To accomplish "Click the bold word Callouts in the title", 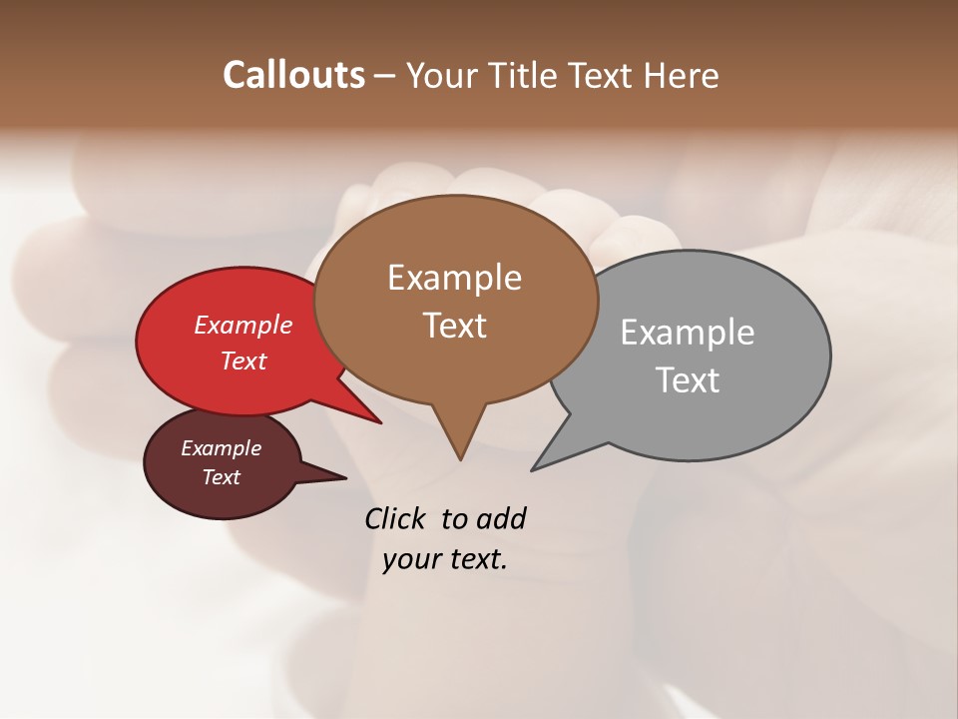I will pos(293,75).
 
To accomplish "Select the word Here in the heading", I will pos(684,75).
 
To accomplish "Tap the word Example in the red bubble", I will pos(243,325).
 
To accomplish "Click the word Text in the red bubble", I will pos(243,360).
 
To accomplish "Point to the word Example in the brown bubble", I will pos(454,277).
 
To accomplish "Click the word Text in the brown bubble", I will pos(454,325).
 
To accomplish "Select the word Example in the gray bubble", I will pos(688,332).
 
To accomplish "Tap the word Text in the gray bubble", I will pos(688,379).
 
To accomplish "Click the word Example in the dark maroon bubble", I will pos(222,448).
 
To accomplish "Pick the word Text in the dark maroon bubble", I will pos(222,477).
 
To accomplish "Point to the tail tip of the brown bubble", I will pos(460,457).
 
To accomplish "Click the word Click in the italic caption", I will pos(396,518).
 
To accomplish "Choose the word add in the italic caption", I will pos(500,518).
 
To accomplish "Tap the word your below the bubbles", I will pos(411,558).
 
